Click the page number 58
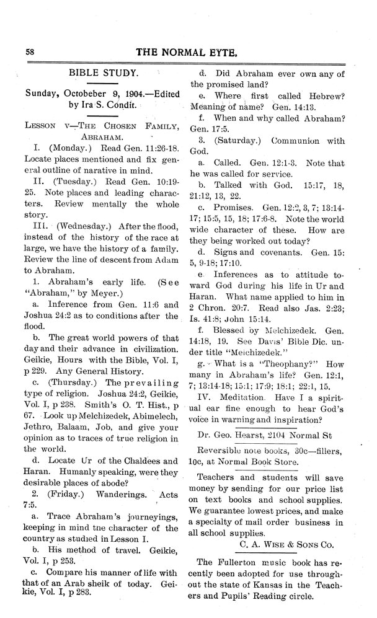click(x=29, y=51)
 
